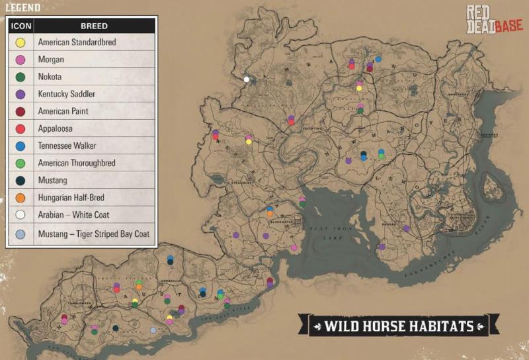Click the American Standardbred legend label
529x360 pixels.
77,42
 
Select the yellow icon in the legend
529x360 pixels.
20,42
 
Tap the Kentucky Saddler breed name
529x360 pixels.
66,94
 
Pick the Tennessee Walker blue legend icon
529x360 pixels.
20,146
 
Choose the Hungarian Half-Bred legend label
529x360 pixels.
71,197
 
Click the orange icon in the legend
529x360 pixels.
20,197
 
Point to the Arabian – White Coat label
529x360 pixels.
73,214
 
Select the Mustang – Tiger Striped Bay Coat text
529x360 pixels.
94,233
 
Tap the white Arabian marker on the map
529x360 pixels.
247,79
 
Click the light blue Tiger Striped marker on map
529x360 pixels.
153,330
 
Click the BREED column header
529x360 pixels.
94,26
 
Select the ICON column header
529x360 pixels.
20,26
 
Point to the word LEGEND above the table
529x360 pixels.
22,8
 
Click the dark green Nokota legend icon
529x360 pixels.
20,77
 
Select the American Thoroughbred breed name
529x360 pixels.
77,163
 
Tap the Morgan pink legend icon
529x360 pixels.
20,60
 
